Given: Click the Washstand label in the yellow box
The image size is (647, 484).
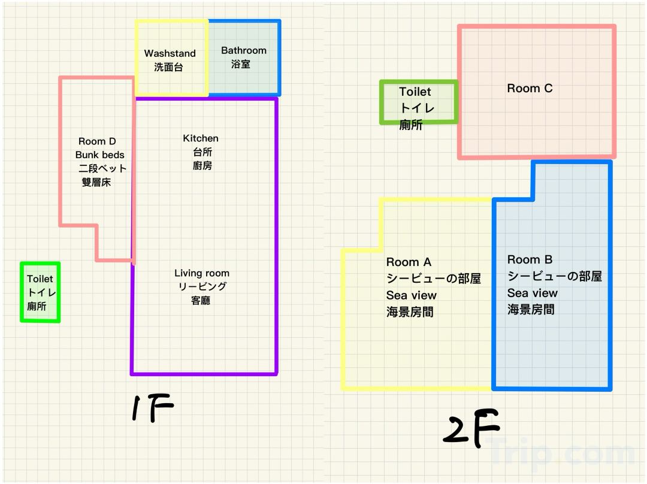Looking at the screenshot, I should coord(170,53).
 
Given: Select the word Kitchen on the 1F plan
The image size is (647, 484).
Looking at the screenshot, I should coord(201,138).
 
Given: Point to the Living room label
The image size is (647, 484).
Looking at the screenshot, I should coord(202,273).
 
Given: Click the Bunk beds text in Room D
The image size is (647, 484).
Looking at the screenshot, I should coord(100,155).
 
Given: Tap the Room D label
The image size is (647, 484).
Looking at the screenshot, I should coord(97,141).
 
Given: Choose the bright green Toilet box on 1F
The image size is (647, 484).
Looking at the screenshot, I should coord(40,292).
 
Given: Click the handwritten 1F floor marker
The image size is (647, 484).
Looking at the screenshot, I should coord(152,409).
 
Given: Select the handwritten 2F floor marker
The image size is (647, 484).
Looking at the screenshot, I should coord(471,428).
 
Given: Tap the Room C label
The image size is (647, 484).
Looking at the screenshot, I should coord(530,89).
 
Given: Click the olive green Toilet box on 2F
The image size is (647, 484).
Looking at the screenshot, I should coord(419,102).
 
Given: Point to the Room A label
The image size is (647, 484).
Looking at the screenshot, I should coord(409,262).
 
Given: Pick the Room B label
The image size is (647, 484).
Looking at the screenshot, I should coord(530,259).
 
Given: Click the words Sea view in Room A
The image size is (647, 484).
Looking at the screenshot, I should coord(412,295).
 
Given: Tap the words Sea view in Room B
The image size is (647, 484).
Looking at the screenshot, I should coord(533,293).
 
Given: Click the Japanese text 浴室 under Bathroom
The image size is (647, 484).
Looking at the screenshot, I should coord(241,64).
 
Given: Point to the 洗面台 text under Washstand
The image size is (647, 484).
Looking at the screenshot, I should coord(168,67).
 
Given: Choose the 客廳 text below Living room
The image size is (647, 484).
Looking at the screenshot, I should coord(201,300).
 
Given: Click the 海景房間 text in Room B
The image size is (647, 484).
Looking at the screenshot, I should coord(531,310).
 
